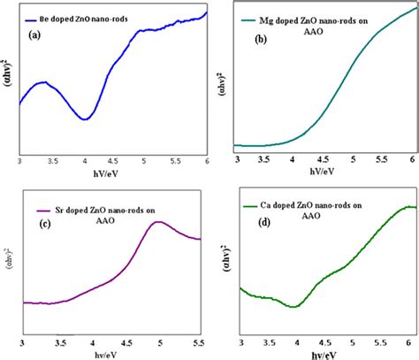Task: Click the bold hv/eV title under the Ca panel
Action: pos(325,354)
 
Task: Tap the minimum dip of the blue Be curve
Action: pos(85,119)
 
